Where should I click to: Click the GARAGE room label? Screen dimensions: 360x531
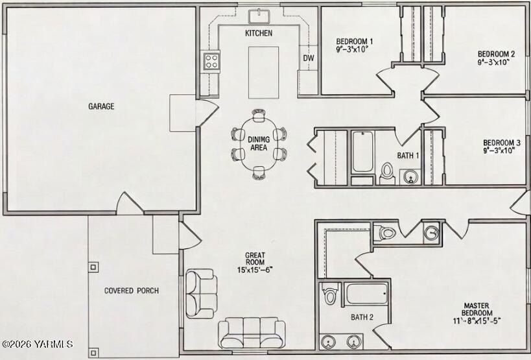tap(101, 106)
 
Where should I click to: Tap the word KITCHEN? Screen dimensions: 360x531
tap(258, 33)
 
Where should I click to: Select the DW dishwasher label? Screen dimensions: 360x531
tap(309, 58)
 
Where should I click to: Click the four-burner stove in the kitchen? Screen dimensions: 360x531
tap(211, 61)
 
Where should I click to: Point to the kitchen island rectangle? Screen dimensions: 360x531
tap(263, 71)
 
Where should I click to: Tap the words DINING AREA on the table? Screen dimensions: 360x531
tap(259, 143)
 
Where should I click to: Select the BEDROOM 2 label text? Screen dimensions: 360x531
tap(496, 54)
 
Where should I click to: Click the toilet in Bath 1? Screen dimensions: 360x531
tap(387, 171)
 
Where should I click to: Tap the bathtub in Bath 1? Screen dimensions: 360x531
tap(362, 152)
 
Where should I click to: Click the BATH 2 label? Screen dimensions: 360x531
tap(362, 317)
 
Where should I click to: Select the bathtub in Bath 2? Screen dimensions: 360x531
tap(366, 293)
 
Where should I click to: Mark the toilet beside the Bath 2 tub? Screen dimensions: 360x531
tap(330, 295)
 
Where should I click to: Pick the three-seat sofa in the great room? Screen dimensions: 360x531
tap(251, 331)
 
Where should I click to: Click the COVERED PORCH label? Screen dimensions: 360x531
tap(131, 291)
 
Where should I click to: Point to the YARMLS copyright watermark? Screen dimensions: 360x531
tap(37, 344)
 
